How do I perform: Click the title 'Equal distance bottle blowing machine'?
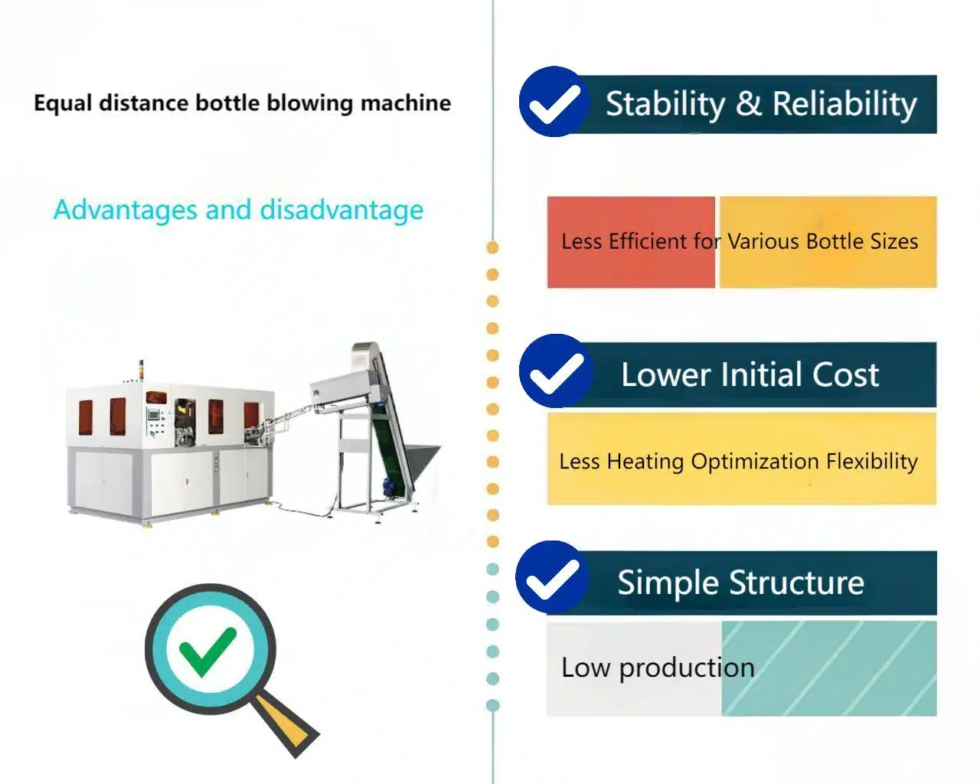pos(242,103)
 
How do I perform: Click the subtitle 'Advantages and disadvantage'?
pos(238,210)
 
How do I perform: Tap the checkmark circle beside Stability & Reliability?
pos(554,102)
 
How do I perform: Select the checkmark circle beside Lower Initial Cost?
pos(556,371)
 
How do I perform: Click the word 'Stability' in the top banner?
pos(665,104)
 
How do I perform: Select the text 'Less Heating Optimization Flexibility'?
pos(738,462)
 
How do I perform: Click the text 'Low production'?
pos(658,668)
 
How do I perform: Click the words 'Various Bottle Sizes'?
pos(822,242)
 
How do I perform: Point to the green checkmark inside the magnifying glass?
pos(207,651)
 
